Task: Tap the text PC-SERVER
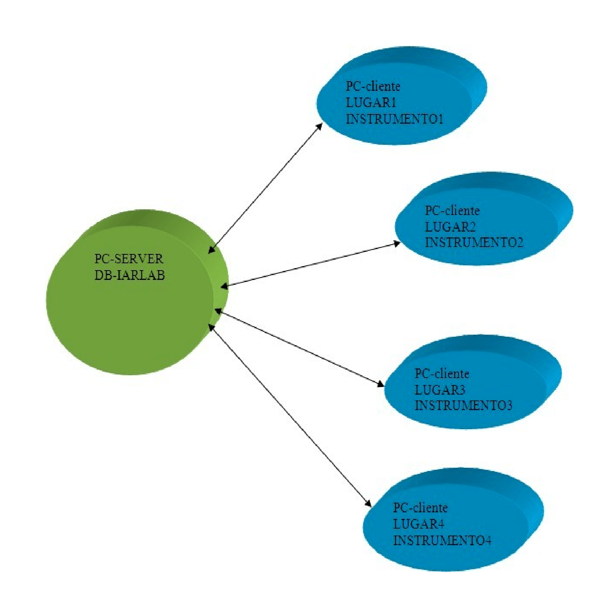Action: (129, 259)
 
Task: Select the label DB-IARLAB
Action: (130, 275)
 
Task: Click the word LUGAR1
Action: (371, 102)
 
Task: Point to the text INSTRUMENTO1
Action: (394, 119)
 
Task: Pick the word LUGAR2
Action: (450, 226)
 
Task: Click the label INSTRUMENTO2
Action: (474, 243)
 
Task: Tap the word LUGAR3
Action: (440, 390)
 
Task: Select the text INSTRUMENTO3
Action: (463, 405)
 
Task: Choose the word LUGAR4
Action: (419, 524)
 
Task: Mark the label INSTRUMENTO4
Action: (442, 540)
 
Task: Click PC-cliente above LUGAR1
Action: (373, 86)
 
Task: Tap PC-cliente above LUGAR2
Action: (452, 211)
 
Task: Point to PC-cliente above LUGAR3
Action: (442, 374)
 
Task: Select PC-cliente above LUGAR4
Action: (420, 508)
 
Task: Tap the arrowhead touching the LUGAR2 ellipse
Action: (396, 243)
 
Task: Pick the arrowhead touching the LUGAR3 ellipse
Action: (380, 383)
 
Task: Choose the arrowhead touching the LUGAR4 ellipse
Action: (368, 503)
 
